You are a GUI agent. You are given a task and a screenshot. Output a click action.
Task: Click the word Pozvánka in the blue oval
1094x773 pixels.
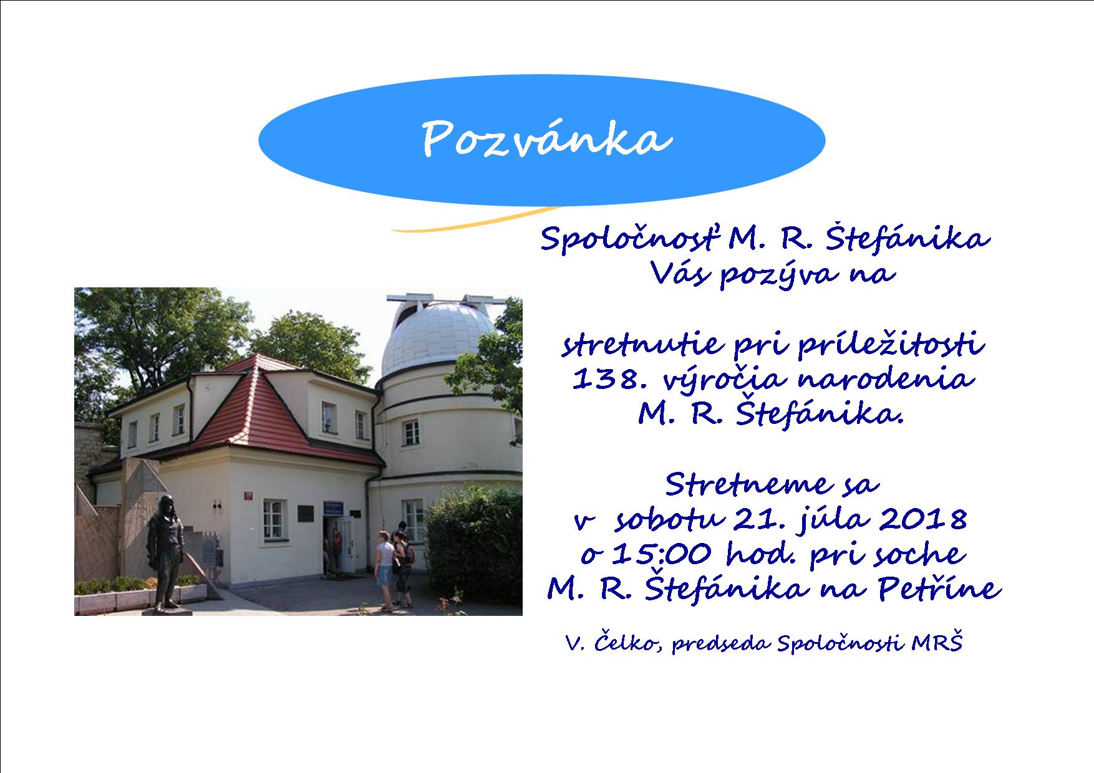click(548, 139)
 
